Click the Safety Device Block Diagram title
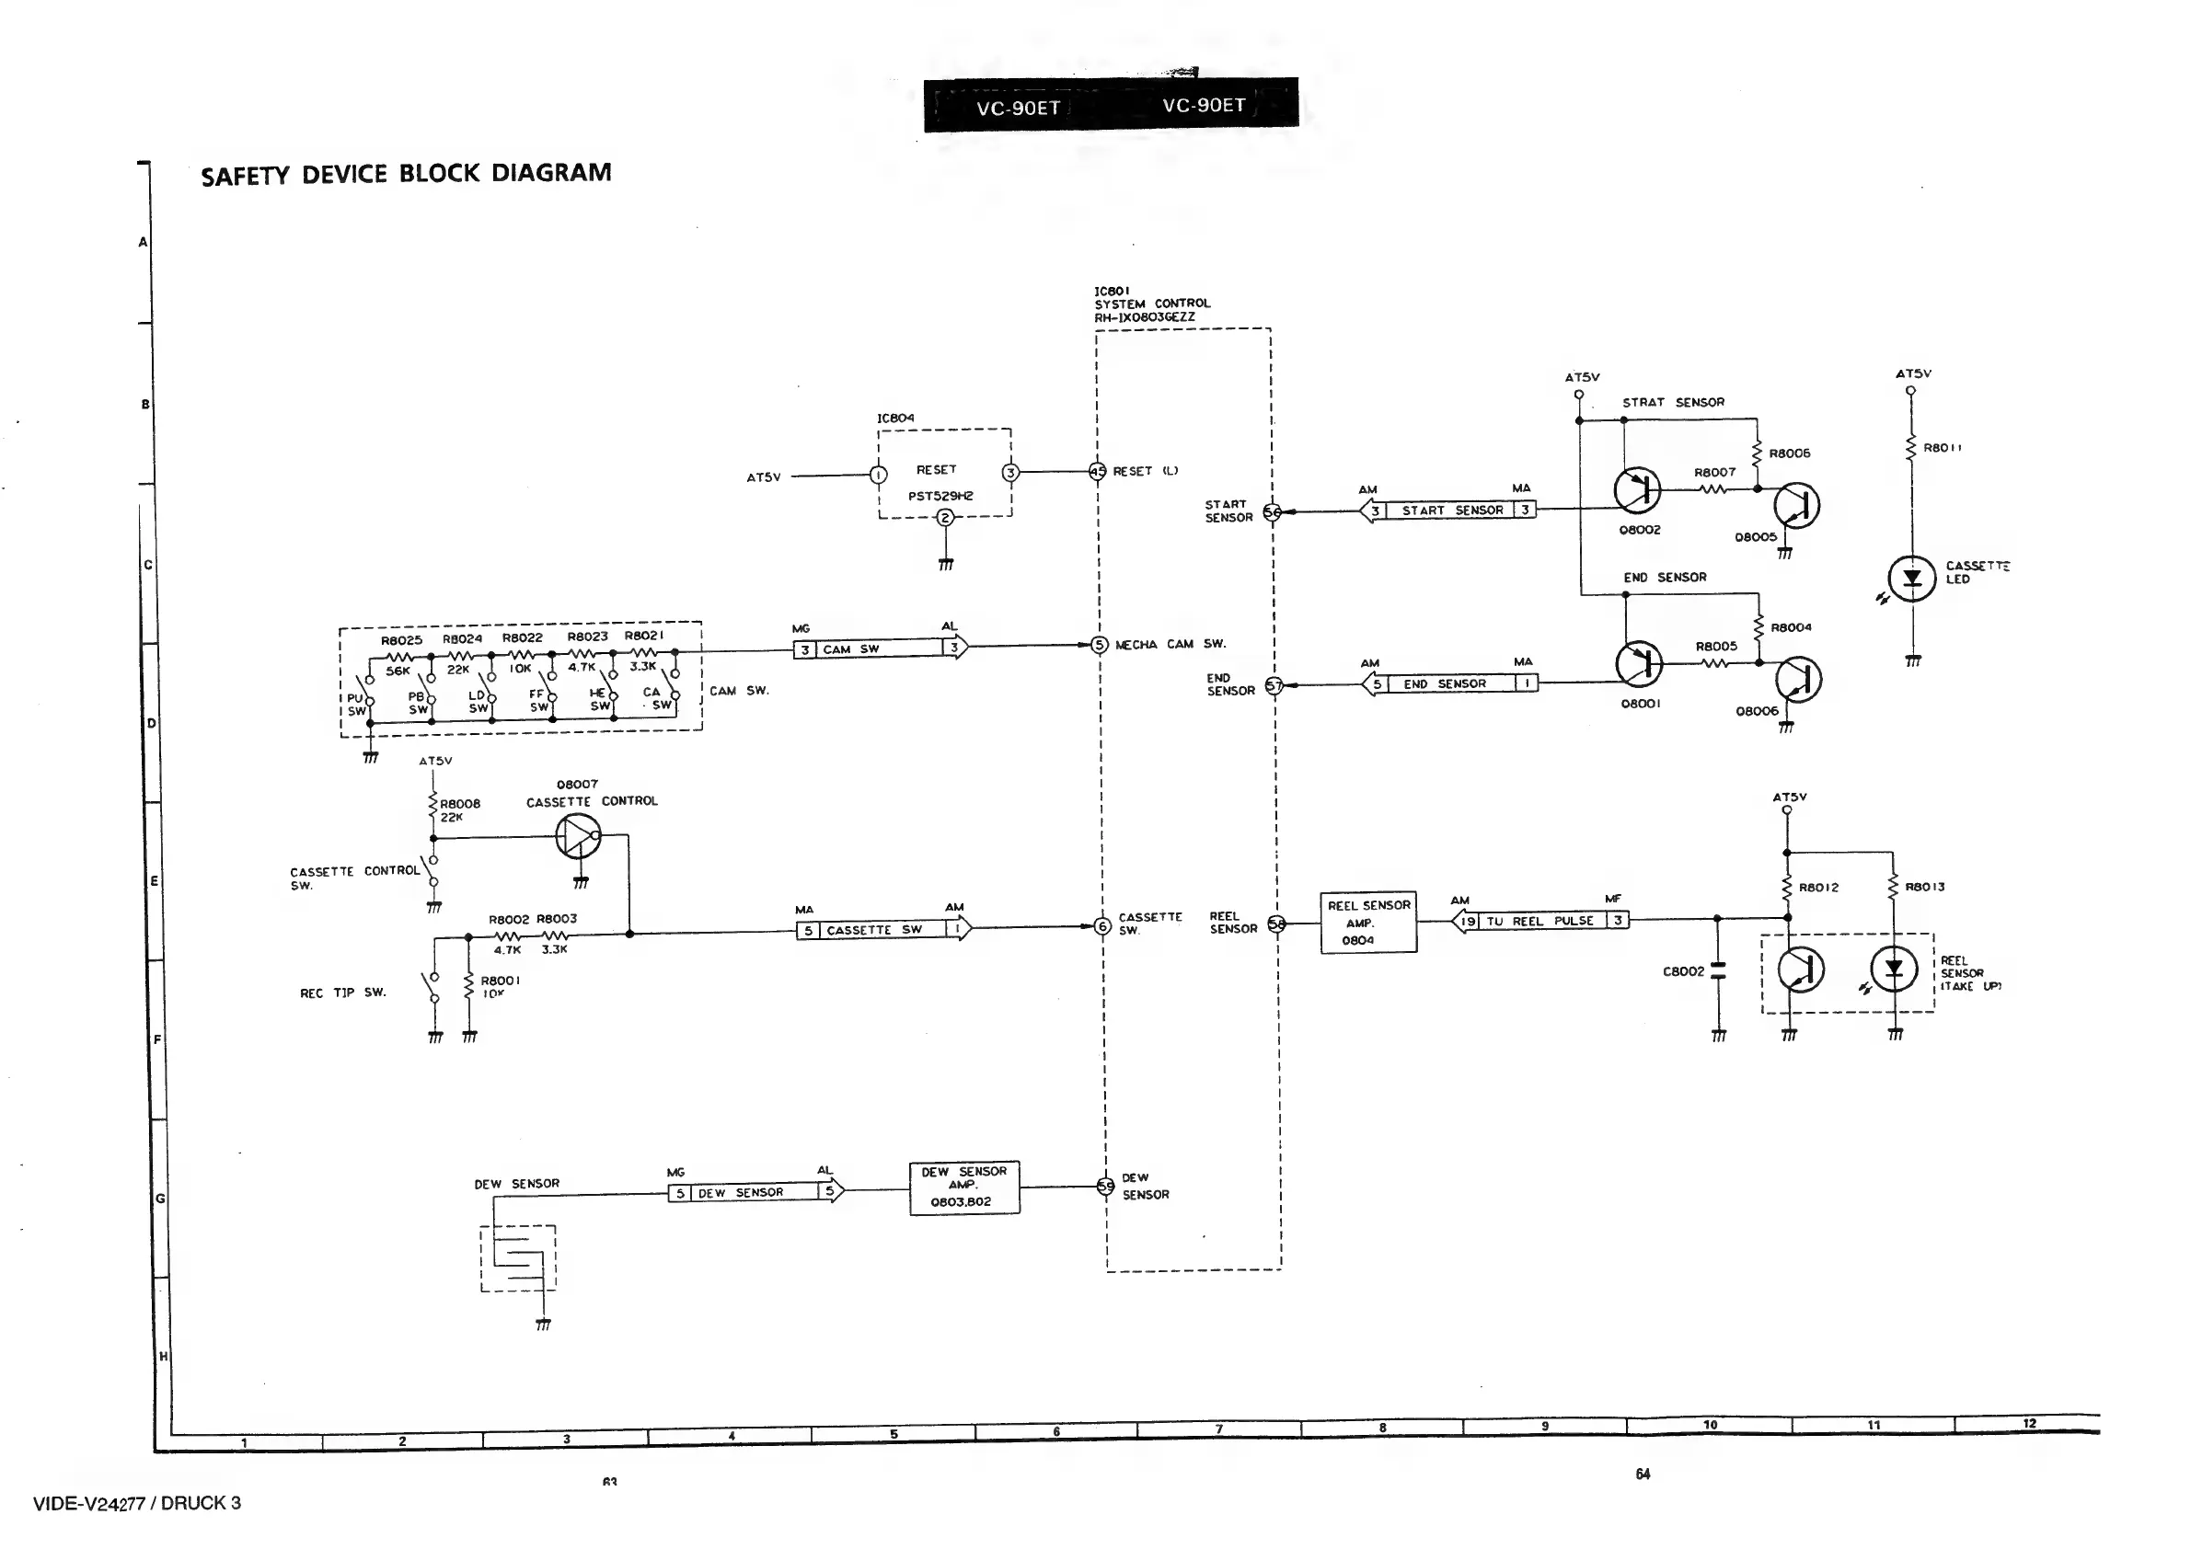(406, 174)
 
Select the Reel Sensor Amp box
(1367, 923)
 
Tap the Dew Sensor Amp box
(963, 1188)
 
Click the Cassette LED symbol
(1911, 578)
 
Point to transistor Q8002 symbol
(1636, 489)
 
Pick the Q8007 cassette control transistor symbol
(577, 837)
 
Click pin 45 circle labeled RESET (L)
(1098, 471)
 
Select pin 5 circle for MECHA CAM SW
(1100, 645)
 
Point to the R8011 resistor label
(1942, 447)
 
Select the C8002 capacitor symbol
(1718, 971)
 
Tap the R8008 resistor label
(460, 804)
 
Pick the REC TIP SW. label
(342, 993)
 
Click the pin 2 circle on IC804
(945, 518)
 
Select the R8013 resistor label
(1924, 887)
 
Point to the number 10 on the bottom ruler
(1710, 1425)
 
